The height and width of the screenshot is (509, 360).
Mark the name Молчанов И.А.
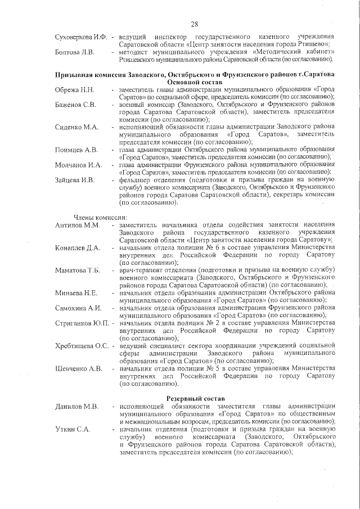coord(78,165)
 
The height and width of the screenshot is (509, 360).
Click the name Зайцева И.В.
coord(75,180)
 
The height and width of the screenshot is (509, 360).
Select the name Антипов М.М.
coord(77,226)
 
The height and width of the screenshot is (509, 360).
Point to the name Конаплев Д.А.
coord(78,247)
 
